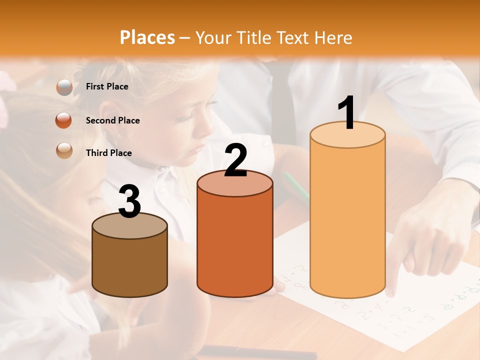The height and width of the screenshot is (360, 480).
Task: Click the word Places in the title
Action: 147,37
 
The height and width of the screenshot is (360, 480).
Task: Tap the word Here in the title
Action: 332,37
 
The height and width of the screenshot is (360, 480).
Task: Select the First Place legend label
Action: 107,86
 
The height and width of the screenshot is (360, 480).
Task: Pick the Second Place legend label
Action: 112,120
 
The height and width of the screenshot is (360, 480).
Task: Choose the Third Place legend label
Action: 109,153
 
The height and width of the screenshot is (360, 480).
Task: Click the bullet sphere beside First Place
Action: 64,87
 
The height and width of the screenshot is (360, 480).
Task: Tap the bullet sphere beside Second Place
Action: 64,120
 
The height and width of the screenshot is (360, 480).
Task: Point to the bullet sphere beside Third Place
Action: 64,150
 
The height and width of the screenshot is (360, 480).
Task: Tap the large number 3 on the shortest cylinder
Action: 130,201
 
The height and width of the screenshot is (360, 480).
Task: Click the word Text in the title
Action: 295,37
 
